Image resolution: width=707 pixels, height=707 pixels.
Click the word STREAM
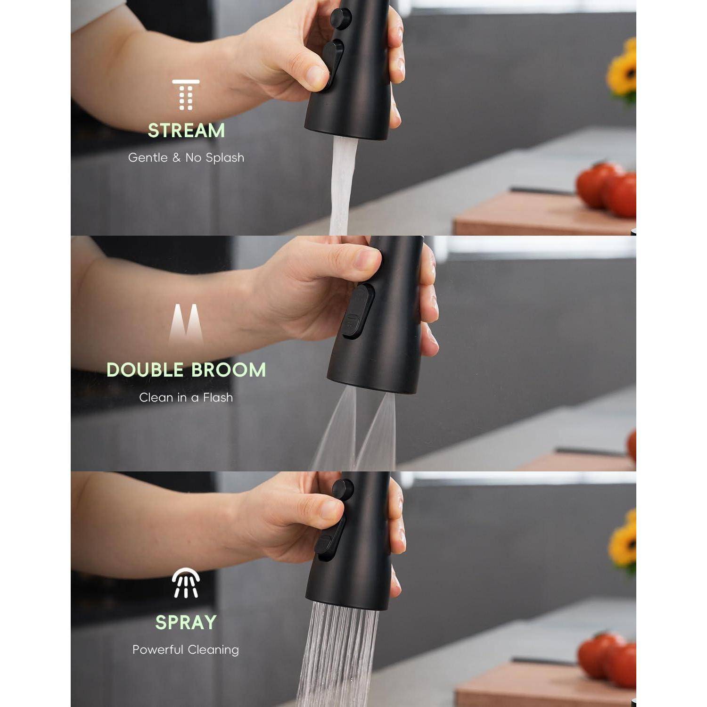[x=186, y=131]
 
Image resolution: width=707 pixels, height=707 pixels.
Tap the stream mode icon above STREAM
[x=186, y=95]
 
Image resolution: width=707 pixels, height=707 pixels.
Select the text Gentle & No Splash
[x=186, y=157]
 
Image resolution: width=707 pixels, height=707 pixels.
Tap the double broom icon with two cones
[x=186, y=324]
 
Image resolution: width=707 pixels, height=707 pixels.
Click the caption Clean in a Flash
[x=186, y=397]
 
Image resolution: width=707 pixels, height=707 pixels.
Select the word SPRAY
[x=186, y=623]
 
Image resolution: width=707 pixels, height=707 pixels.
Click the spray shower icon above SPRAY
[x=186, y=583]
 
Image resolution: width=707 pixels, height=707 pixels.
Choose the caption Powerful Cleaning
[x=186, y=649]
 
